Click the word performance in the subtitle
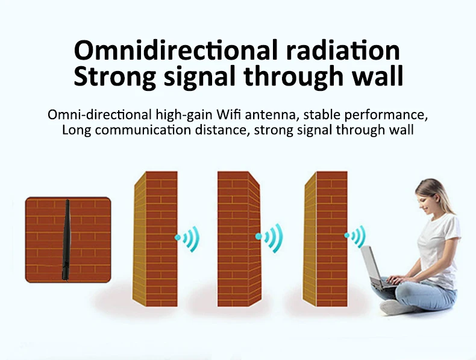(391, 114)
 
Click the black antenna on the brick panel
(66, 241)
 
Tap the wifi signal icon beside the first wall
(187, 239)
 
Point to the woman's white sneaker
(395, 306)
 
